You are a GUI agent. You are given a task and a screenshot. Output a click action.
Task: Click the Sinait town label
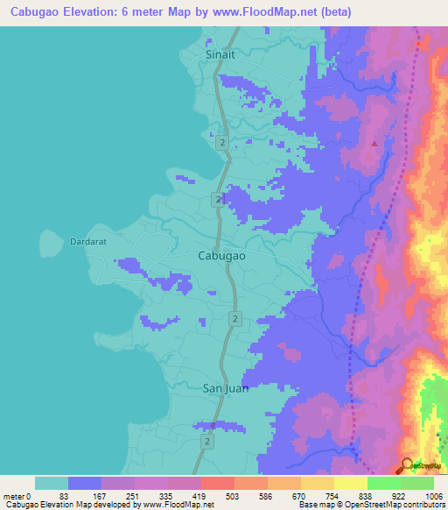coord(220,53)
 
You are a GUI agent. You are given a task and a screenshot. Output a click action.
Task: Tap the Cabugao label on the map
coord(221,255)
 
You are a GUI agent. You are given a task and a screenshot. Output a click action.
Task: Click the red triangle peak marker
coord(375,143)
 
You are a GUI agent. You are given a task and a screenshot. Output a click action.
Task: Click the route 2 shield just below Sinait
coord(224,142)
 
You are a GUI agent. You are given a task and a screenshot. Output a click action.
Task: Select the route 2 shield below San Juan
coord(207,443)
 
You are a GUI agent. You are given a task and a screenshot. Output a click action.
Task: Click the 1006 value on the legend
coord(433,496)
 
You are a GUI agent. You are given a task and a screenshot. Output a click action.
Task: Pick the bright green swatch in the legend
coord(383,483)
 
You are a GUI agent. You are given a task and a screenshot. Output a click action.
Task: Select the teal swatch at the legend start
coord(51,483)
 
